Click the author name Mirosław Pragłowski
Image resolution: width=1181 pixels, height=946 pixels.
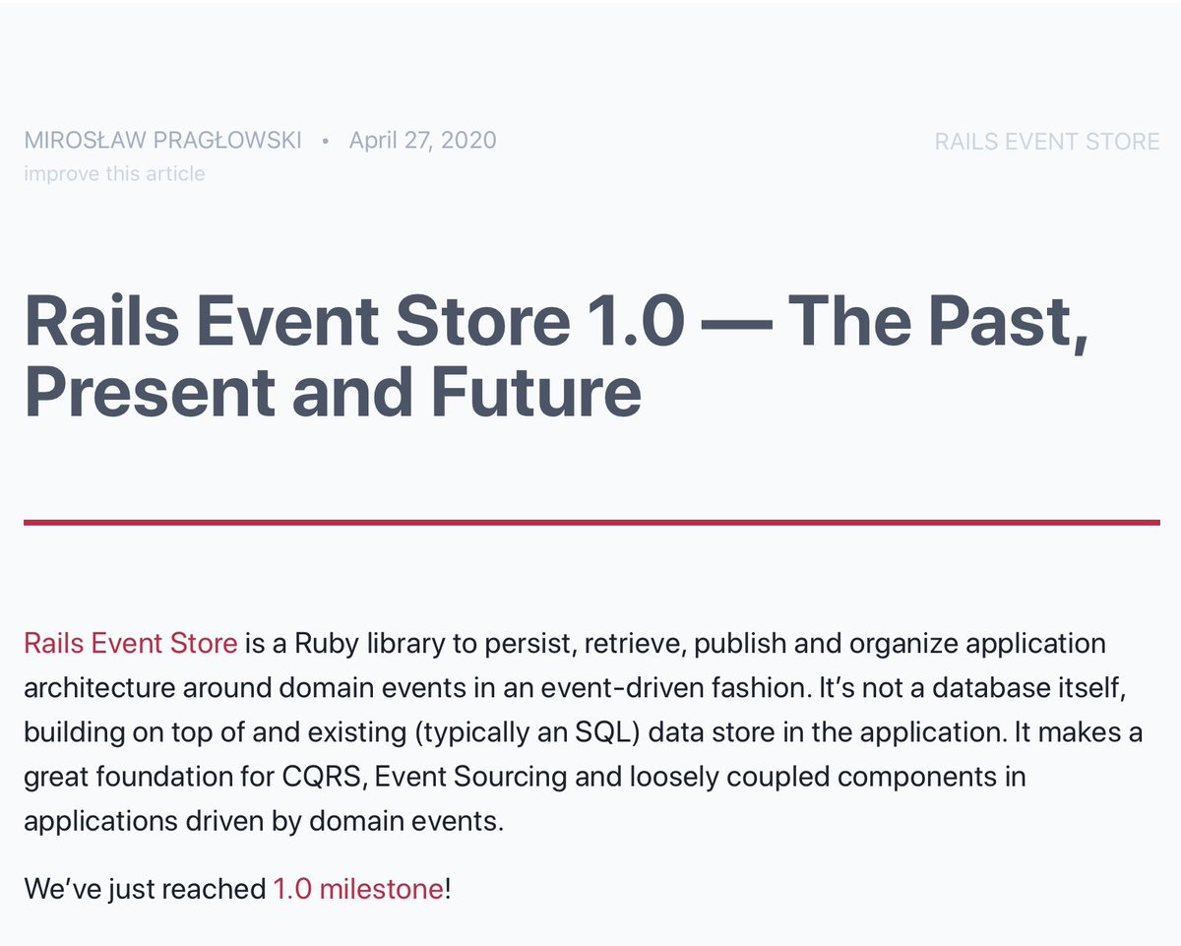click(x=162, y=140)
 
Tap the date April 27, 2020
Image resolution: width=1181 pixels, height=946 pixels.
click(x=422, y=140)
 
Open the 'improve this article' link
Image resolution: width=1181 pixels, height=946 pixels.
click(x=114, y=174)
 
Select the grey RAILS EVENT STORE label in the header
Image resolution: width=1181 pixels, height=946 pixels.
click(x=1046, y=142)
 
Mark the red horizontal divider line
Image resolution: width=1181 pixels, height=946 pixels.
click(x=590, y=522)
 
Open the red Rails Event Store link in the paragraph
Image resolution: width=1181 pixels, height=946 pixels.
click(x=130, y=644)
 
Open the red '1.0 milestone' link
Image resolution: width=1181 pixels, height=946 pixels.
click(x=358, y=890)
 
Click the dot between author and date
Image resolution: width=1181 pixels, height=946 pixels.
click(x=325, y=141)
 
